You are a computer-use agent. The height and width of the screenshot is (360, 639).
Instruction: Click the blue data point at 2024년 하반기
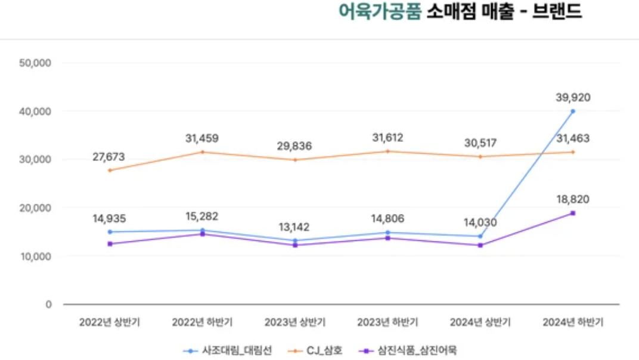tap(573, 111)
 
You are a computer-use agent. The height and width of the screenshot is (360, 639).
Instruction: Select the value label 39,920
tap(573, 98)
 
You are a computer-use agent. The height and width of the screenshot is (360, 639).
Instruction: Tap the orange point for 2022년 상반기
tap(110, 170)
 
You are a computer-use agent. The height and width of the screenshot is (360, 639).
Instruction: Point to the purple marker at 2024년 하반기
tap(573, 213)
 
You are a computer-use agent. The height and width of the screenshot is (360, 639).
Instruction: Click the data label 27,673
tap(110, 157)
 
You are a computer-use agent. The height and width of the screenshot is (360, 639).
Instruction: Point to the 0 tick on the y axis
tap(48, 304)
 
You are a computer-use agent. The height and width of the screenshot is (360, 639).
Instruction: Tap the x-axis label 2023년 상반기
tap(295, 322)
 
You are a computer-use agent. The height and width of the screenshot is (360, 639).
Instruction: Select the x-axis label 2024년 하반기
tap(573, 322)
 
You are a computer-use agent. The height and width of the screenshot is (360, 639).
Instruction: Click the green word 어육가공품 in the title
tap(380, 12)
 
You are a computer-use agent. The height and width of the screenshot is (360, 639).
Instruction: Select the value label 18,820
tap(573, 200)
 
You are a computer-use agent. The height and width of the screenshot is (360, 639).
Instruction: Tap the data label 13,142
tap(295, 227)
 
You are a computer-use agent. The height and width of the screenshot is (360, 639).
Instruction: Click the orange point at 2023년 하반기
tap(387, 151)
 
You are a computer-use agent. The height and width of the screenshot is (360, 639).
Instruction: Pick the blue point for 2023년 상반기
tap(295, 241)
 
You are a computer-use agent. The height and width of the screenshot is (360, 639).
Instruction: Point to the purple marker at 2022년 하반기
tap(202, 234)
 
